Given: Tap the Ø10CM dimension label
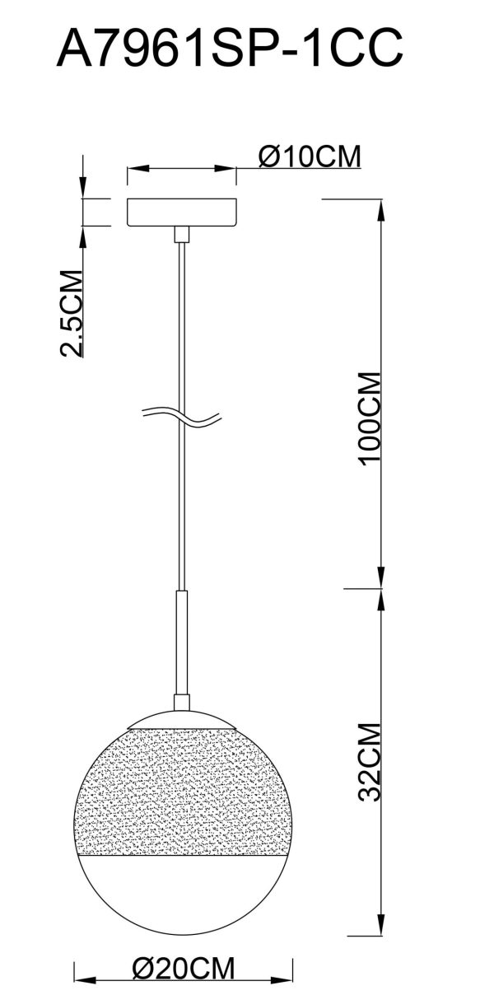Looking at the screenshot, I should (309, 156).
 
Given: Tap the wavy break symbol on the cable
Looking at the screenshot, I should (181, 417).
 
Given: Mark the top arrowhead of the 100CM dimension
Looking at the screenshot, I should (380, 207).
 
